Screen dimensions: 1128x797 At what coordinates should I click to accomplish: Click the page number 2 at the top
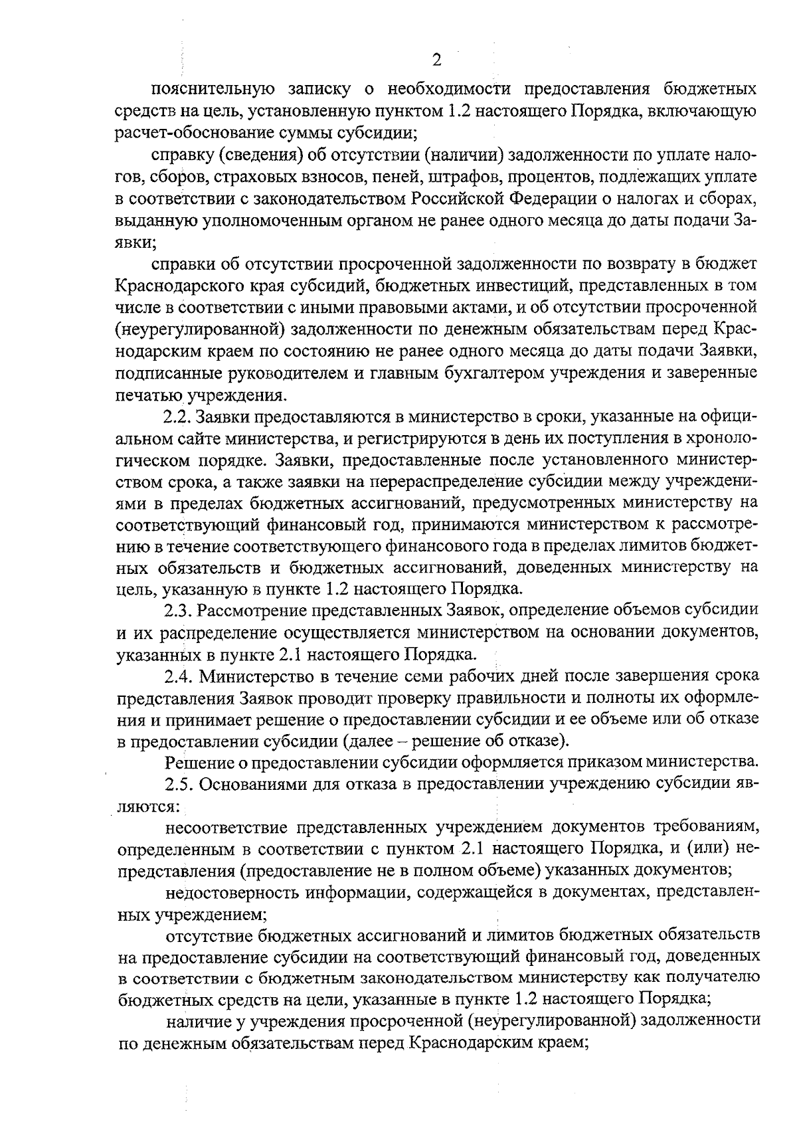(x=436, y=60)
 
